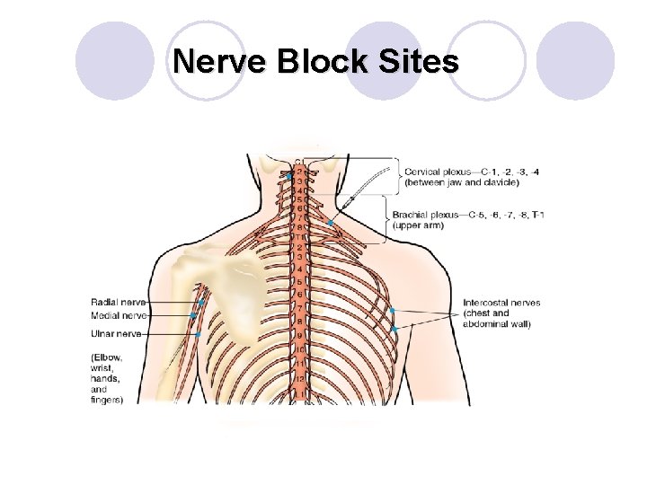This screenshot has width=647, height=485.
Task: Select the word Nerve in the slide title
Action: coord(214,63)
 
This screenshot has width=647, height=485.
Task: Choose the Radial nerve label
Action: coord(117,302)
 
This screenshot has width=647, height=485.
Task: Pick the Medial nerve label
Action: coord(117,315)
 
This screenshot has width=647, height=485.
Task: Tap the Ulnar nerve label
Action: coord(116,333)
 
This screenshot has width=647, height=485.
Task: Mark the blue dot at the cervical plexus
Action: coord(289,177)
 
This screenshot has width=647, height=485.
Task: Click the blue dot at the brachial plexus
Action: coord(331,222)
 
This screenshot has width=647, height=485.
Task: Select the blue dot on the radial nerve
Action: coord(199,304)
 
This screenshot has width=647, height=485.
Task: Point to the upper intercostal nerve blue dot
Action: coord(392,310)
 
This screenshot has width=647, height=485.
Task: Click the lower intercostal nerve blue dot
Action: coord(394,330)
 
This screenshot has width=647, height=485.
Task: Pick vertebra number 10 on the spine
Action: coord(300,348)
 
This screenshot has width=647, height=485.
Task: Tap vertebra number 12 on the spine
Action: coord(300,377)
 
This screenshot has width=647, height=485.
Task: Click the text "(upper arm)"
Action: coord(418,225)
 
